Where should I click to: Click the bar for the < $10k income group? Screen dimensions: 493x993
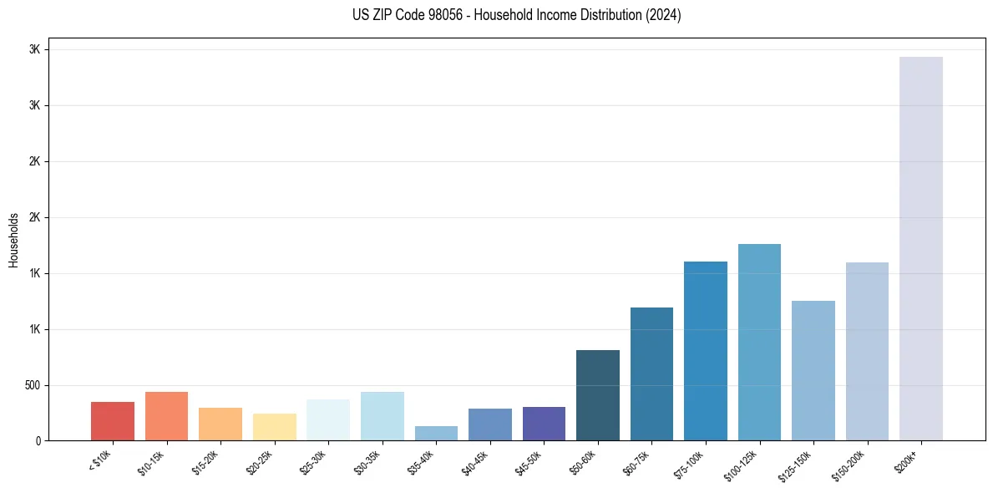tap(113, 421)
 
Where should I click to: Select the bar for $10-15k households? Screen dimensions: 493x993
tap(166, 416)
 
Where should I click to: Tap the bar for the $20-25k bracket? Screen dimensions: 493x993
tap(275, 427)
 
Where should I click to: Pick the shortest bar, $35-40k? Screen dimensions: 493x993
tap(436, 434)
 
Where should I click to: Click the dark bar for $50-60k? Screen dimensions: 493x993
tap(598, 395)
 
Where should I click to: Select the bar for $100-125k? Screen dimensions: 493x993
tap(759, 343)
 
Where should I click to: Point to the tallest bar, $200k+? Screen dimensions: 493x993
tap(921, 249)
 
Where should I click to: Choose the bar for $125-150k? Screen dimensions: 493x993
tap(813, 371)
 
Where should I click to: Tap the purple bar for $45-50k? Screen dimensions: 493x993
tap(544, 424)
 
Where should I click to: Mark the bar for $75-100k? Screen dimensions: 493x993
tap(706, 351)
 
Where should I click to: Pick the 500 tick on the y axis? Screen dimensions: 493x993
tap(33, 385)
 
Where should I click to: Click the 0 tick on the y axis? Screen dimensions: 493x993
tap(38, 441)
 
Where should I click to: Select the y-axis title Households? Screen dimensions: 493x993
tap(13, 240)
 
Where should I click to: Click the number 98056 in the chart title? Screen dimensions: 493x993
tap(434, 15)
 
